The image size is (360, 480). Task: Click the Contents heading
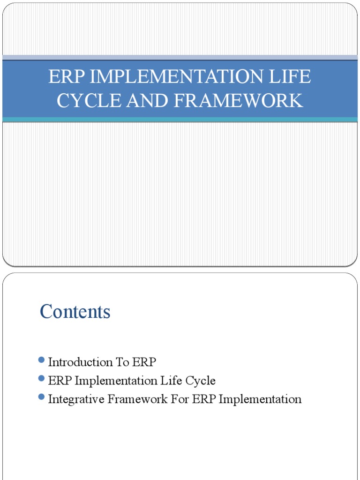click(75, 312)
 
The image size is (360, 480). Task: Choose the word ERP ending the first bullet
click(144, 362)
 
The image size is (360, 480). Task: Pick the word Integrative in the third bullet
click(75, 400)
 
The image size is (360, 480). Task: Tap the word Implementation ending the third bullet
click(260, 400)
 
